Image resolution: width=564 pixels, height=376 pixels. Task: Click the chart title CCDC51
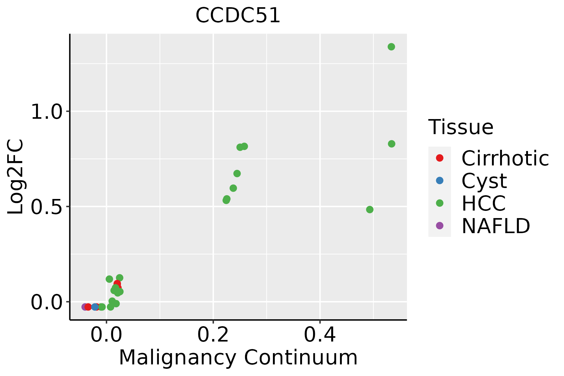238,15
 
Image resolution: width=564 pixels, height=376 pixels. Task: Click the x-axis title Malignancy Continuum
238,358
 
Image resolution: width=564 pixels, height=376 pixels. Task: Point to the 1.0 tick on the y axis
47,112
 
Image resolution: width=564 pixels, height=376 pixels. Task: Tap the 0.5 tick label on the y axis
47,207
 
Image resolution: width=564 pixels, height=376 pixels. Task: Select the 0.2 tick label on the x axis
213,335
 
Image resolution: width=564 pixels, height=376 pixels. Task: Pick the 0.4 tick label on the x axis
320,335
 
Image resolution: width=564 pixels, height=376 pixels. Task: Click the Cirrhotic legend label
505,158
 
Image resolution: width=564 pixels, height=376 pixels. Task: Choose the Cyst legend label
484,181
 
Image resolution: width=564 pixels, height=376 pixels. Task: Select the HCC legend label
483,203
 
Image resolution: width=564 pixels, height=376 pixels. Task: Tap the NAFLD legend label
496,226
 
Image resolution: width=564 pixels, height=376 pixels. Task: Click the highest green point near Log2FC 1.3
391,47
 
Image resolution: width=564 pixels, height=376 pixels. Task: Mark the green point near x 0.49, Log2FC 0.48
370,210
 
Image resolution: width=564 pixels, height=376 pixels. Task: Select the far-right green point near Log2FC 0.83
392,144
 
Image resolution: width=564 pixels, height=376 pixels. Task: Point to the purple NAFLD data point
85,307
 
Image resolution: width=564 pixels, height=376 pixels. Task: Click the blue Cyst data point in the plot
95,307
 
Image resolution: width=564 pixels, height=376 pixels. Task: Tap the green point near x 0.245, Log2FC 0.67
237,174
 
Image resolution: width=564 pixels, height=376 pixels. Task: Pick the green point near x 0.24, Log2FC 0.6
233,188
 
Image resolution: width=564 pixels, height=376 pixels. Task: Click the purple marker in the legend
440,226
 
